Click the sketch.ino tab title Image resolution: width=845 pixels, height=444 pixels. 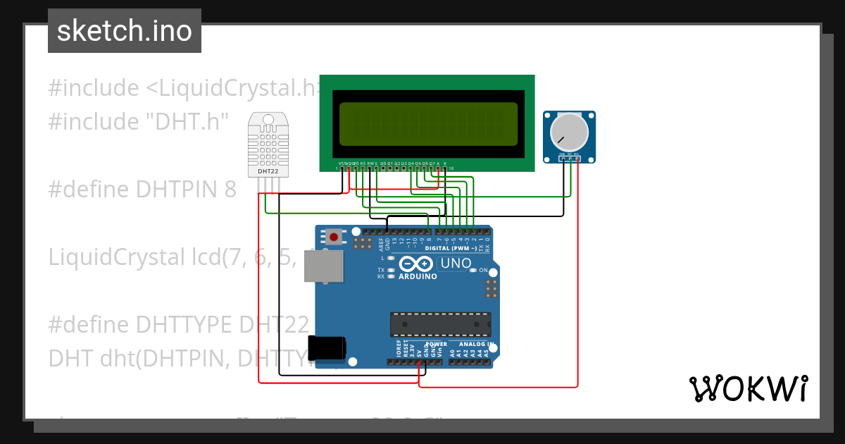pyautogui.click(x=124, y=31)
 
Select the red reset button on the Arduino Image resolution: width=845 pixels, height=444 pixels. pyautogui.click(x=334, y=236)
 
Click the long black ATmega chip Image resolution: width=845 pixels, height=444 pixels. pyautogui.click(x=441, y=323)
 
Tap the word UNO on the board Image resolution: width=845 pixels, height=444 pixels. pyautogui.click(x=455, y=264)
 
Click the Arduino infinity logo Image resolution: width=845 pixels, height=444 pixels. pyautogui.click(x=416, y=264)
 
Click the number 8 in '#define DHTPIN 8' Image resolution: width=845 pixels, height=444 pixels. pyautogui.click(x=230, y=190)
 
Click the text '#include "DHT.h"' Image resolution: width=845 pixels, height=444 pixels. pyautogui.click(x=139, y=122)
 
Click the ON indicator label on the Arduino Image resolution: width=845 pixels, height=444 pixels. pyautogui.click(x=483, y=270)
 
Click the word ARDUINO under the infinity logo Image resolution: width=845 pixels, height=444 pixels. pyautogui.click(x=418, y=276)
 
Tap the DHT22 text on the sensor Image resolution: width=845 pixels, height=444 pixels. pyautogui.click(x=267, y=171)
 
